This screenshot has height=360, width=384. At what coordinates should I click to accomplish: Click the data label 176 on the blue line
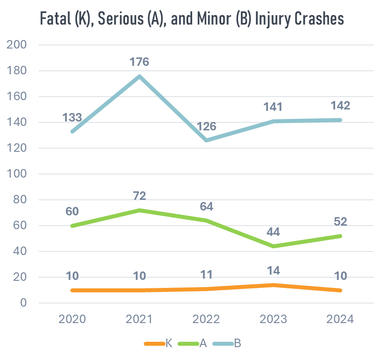click(x=139, y=61)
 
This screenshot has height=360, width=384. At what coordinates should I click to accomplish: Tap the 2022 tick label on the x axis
click(x=206, y=320)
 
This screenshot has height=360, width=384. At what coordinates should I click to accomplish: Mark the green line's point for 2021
click(x=139, y=210)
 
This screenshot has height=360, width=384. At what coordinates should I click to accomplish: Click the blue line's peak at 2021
click(x=139, y=76)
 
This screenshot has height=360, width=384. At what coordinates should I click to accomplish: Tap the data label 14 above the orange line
click(x=273, y=271)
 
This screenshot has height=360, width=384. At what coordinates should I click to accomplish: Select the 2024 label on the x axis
click(x=340, y=320)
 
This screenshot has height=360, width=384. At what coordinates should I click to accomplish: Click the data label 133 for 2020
click(x=72, y=117)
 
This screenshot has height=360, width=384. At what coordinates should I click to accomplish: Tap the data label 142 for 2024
click(x=340, y=106)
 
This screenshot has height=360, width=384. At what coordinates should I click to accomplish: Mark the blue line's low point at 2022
click(x=206, y=141)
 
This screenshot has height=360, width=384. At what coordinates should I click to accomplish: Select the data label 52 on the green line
click(x=340, y=222)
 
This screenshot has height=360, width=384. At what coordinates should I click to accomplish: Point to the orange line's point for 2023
click(x=273, y=285)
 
